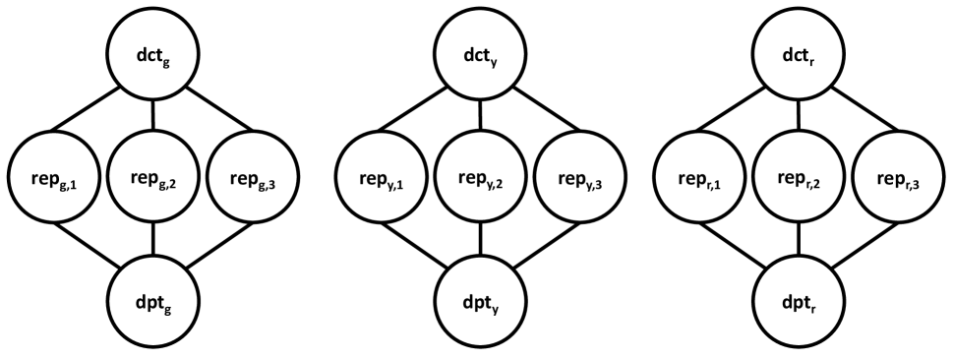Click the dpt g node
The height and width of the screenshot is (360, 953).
pos(154,293)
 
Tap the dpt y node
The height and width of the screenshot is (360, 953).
pos(479,293)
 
